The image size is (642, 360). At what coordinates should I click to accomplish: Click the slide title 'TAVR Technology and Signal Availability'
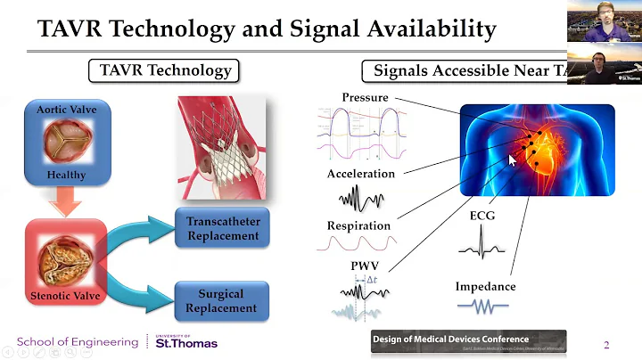267,29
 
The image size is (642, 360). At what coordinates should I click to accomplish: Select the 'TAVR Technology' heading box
165,71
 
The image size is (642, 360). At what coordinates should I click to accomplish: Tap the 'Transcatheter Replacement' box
223,228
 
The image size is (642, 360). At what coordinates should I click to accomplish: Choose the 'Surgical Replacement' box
222,300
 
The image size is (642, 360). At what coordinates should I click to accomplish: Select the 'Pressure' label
364,97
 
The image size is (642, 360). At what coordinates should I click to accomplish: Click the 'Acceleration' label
360,173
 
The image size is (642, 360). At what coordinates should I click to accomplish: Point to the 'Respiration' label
358,225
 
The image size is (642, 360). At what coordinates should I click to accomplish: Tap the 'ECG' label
481,216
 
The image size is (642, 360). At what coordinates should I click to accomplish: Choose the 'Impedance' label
486,286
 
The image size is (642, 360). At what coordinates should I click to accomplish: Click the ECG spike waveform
481,241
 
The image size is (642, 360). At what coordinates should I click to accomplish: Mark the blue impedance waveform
482,306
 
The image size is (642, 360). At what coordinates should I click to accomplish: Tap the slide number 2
606,345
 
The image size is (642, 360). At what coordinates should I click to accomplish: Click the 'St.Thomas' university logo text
186,342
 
